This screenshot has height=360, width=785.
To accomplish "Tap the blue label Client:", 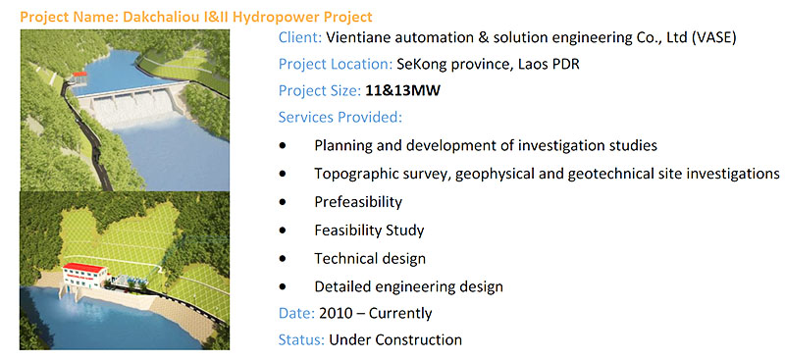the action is pos(300,38).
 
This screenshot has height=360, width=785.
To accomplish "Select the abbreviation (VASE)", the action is pos(713,38).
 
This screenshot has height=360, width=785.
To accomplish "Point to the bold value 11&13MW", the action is pos(402,91).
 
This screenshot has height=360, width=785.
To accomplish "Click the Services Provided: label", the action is pos(340,117).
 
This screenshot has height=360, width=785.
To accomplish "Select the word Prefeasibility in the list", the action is pos(358,202).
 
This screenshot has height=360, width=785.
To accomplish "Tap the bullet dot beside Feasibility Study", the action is pos(284,231).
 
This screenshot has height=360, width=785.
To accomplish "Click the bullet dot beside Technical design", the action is pos(284,259).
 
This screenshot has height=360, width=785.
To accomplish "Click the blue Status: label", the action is pos(301,339).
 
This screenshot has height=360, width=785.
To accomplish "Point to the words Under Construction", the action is pos(395,339).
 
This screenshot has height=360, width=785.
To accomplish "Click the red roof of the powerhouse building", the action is pos(84,267).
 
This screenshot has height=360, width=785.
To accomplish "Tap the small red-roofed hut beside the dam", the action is pos(79,78).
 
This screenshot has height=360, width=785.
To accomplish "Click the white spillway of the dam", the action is pos(131,109).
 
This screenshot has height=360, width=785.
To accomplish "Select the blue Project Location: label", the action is pos(335,65).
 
